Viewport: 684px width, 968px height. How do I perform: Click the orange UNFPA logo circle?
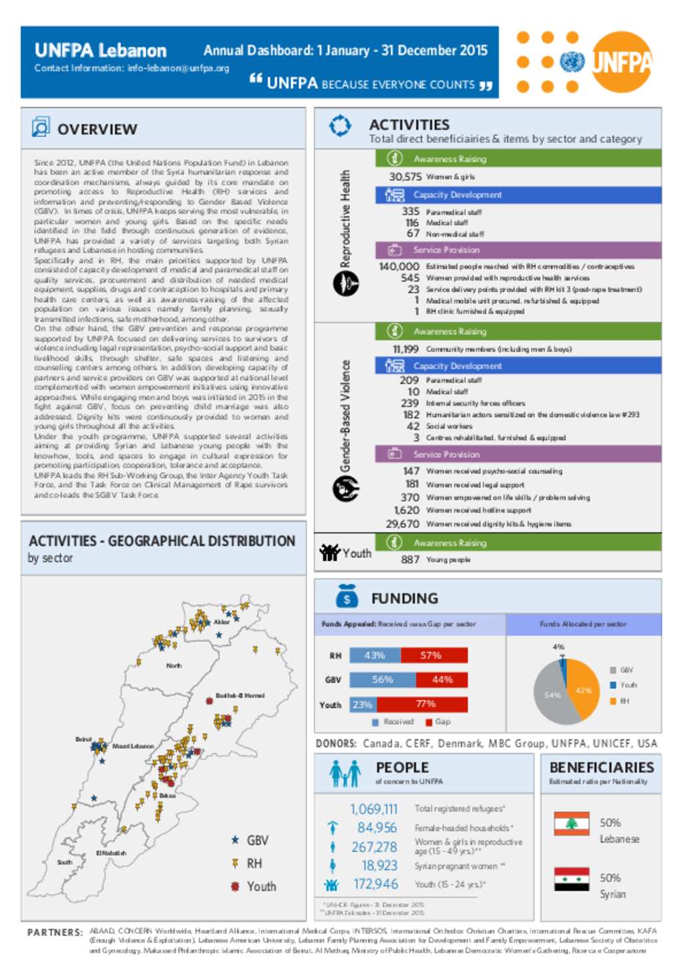click(621, 61)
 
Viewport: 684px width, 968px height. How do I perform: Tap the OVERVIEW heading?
click(97, 129)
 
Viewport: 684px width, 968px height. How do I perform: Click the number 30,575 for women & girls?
click(405, 177)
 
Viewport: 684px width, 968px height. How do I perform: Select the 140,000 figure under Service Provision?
click(399, 267)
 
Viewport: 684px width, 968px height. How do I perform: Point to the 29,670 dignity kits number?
click(402, 524)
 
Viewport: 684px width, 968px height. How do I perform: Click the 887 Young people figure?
click(410, 560)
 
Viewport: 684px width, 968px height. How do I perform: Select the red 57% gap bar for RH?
click(434, 655)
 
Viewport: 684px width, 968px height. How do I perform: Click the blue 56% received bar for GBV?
click(382, 680)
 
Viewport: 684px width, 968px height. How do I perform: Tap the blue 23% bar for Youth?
click(363, 705)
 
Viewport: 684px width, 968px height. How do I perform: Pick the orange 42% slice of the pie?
click(583, 690)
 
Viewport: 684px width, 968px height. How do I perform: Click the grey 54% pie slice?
click(552, 696)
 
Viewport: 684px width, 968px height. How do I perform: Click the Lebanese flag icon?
click(571, 824)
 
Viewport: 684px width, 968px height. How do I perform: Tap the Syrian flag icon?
click(571, 879)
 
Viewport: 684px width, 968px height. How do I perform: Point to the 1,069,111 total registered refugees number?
click(373, 809)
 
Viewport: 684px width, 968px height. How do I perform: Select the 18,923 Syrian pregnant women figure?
click(379, 866)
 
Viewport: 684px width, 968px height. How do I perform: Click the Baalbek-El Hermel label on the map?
click(240, 695)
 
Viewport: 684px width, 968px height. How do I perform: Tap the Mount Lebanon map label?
click(133, 746)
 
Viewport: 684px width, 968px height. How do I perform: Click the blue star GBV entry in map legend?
click(249, 840)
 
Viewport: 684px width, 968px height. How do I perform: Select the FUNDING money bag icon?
click(346, 597)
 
